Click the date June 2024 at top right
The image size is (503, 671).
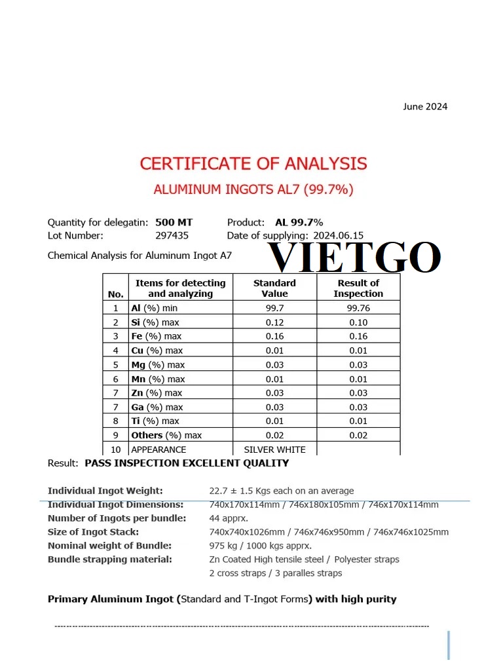point(425,106)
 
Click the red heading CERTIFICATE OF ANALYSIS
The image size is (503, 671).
point(253,163)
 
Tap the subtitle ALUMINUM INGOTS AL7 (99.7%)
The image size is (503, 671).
point(253,189)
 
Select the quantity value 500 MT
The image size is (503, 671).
point(174,222)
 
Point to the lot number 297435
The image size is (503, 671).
point(172,235)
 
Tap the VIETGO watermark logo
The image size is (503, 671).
point(356,258)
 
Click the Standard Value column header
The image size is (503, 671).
point(274,288)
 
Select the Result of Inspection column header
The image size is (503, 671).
point(358,288)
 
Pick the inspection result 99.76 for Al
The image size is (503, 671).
point(358,308)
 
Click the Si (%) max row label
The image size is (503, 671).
point(155,322)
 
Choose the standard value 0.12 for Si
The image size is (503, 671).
point(274,322)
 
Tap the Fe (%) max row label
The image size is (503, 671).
point(157,336)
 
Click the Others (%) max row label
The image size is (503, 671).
point(166,435)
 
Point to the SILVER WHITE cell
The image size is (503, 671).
point(274,450)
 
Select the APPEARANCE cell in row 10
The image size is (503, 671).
point(158,450)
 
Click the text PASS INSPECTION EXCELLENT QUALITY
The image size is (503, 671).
point(187,463)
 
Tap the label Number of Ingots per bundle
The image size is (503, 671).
point(117,518)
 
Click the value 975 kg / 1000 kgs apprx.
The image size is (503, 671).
point(260,545)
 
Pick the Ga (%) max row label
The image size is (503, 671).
point(157,407)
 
